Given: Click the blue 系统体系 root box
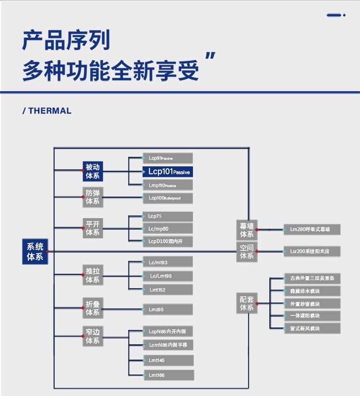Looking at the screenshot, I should (x=35, y=251).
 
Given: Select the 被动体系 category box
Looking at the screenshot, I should (x=93, y=171).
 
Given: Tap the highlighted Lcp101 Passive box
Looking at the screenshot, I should (x=170, y=171).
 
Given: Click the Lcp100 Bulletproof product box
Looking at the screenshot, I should (x=168, y=198).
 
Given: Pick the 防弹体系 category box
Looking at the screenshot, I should (x=93, y=197).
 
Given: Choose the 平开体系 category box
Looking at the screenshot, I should (x=93, y=228).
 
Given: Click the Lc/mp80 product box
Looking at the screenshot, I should (x=168, y=229).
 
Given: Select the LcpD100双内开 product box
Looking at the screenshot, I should (x=168, y=241).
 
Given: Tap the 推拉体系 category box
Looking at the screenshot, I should (x=93, y=275).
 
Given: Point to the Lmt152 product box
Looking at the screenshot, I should (x=168, y=290).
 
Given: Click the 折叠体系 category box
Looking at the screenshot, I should (x=93, y=308).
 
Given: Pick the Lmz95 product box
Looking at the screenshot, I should (x=168, y=310).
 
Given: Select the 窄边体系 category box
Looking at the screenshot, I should (x=93, y=336).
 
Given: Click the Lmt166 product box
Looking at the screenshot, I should (x=168, y=375).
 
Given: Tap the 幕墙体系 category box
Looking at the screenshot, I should (x=247, y=230).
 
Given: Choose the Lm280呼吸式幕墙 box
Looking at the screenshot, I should (x=312, y=229).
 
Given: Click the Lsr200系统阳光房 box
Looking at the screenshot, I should (x=312, y=251).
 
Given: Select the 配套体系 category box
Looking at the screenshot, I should (x=247, y=303).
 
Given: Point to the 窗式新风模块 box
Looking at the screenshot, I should (x=312, y=328).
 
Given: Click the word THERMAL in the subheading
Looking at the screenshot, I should (x=50, y=111).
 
